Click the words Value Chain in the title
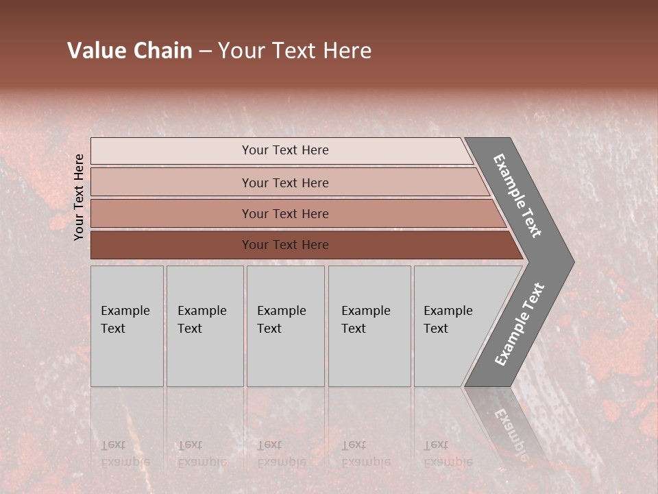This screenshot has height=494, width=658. (x=130, y=51)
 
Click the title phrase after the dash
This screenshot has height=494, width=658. (x=295, y=51)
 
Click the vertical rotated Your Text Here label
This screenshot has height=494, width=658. (x=79, y=197)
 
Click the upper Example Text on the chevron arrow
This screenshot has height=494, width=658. (x=517, y=196)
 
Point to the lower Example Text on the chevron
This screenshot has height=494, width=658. (x=519, y=325)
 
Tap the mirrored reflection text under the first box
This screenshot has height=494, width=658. (x=125, y=454)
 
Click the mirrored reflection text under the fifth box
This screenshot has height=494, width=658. (x=448, y=454)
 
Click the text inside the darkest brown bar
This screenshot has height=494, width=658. (x=285, y=245)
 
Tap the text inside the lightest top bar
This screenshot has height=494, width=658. (x=285, y=150)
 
